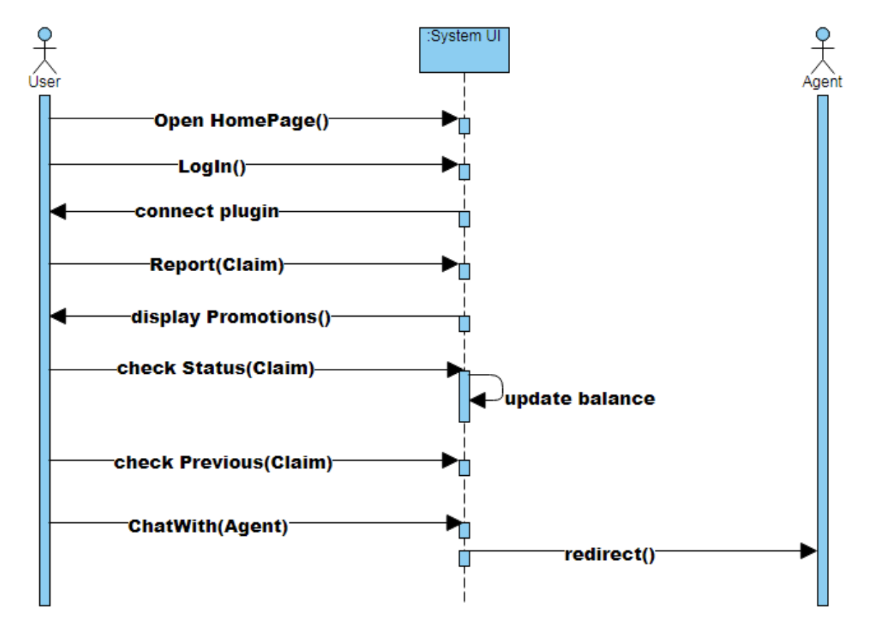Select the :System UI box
[464, 49]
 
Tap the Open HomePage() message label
[241, 121]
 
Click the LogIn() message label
[212, 167]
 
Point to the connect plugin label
[207, 211]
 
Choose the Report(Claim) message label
[217, 265]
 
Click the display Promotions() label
[230, 317]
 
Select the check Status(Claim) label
[215, 369]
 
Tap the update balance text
[579, 399]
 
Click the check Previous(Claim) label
[223, 462]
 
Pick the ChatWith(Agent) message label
[208, 527]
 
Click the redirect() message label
[609, 554]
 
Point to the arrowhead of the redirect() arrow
[808, 551]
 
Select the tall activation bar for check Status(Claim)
[464, 396]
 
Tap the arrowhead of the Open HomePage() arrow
[450, 118]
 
